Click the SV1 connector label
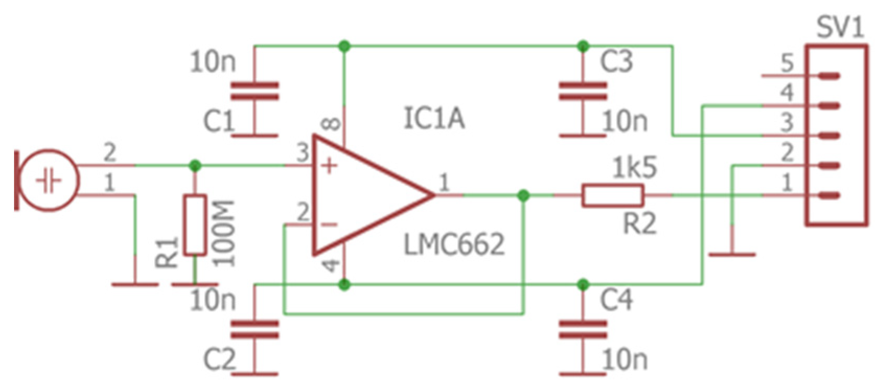click(840, 27)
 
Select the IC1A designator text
click(434, 118)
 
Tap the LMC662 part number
click(454, 245)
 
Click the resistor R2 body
click(612, 195)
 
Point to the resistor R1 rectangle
click(195, 225)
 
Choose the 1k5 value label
click(634, 168)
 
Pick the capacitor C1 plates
click(254, 90)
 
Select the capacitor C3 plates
click(583, 90)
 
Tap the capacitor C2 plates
click(254, 330)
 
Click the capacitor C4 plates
click(583, 330)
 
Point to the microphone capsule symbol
click(48, 180)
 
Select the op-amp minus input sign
click(329, 225)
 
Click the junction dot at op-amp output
click(523, 195)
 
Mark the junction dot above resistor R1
click(195, 166)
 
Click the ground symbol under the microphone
click(135, 284)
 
